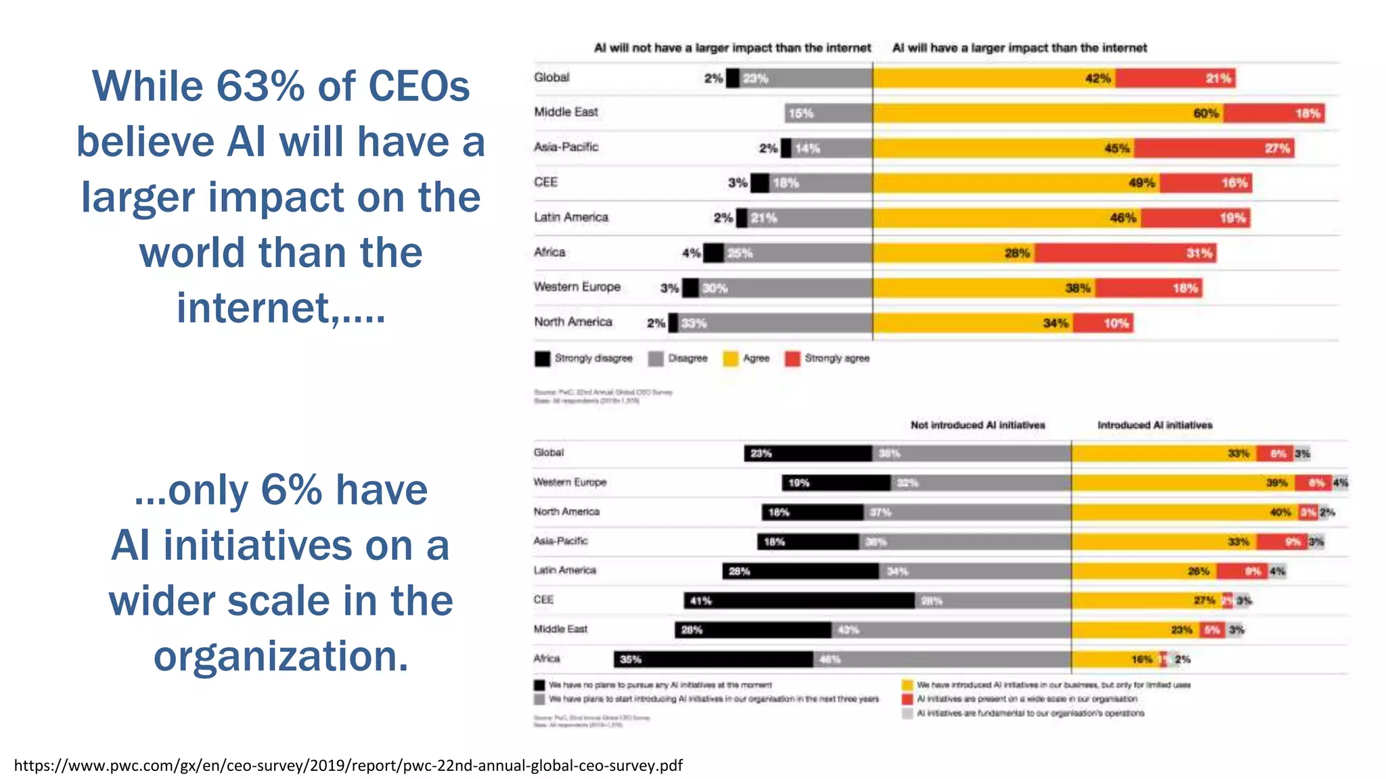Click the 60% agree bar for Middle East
1048,113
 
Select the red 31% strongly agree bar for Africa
1125,253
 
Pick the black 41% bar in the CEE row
799,600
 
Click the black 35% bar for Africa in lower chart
713,659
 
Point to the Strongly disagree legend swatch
542,358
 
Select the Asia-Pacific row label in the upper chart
566,147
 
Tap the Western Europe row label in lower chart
570,482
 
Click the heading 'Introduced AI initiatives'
1155,425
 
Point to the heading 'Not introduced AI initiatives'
977,425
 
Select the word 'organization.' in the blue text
281,656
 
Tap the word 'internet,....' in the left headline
281,308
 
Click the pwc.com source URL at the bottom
348,765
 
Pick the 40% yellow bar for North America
1184,513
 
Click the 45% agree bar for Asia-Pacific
1003,148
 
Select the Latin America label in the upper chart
571,217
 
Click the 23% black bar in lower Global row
808,454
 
